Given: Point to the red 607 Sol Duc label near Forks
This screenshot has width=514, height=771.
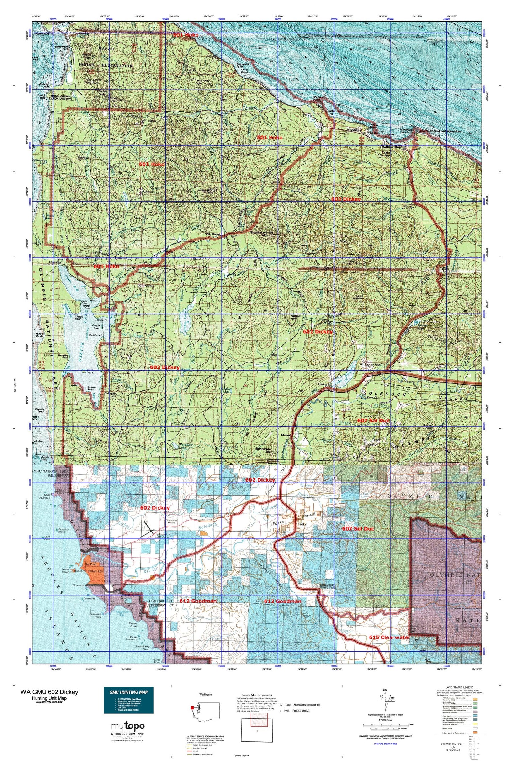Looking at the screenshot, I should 358,529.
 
